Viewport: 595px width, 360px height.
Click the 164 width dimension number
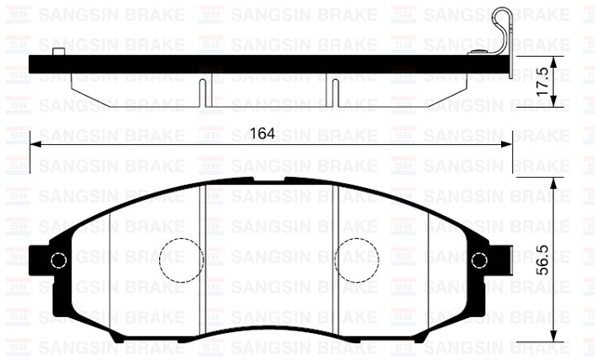click(x=263, y=134)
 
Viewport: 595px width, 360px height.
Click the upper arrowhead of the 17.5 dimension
click(x=555, y=61)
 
